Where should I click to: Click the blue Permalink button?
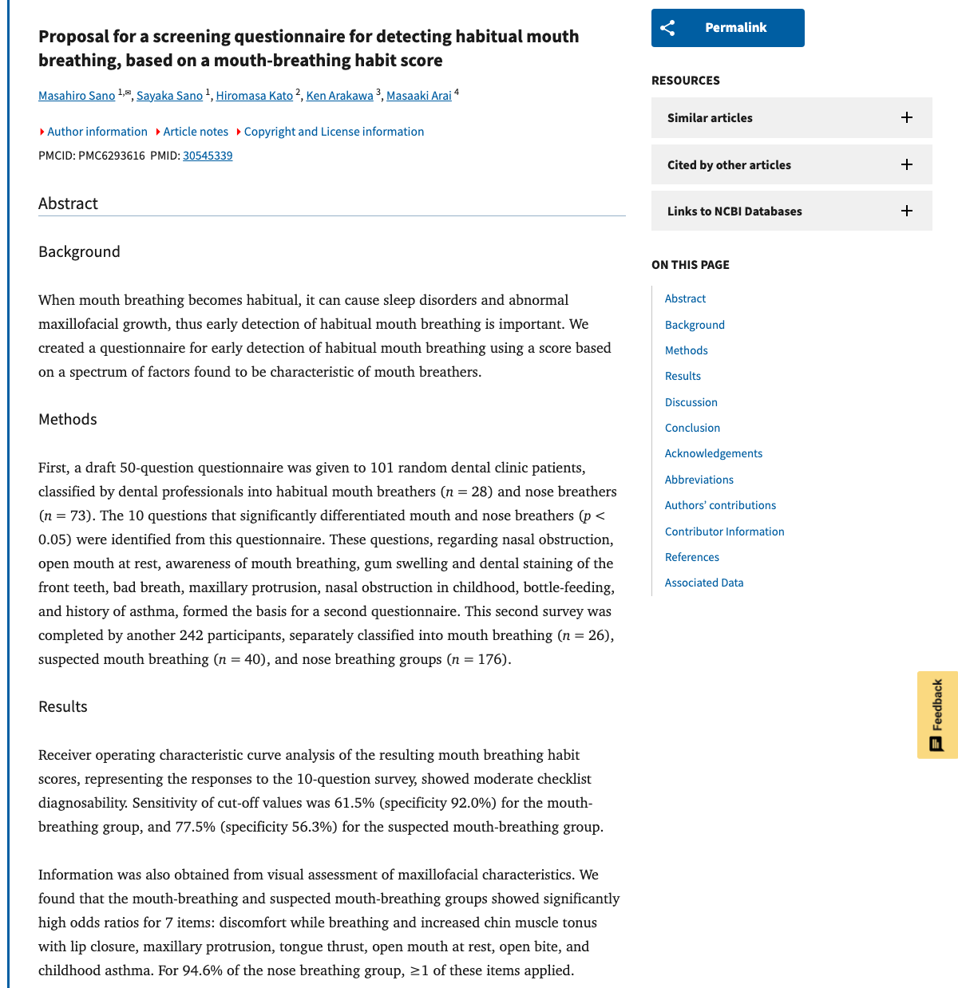[727, 28]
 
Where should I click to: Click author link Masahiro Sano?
[77, 96]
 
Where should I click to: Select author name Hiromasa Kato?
[255, 96]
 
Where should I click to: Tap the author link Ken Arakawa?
[339, 96]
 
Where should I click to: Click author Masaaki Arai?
[418, 96]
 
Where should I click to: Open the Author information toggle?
[97, 132]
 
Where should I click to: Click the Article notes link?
[196, 132]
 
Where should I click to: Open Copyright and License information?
[334, 132]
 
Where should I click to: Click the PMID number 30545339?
[208, 156]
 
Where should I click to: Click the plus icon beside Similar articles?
[907, 118]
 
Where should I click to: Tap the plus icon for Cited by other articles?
[907, 165]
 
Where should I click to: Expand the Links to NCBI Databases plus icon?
[907, 211]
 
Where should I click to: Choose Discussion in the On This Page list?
[691, 402]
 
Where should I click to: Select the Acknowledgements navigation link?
[714, 453]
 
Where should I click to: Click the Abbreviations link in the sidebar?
[699, 480]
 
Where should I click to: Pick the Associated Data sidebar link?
[704, 583]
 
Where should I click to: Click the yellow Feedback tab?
[937, 715]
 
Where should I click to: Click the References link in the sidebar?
[692, 557]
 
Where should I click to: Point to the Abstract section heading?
[69, 204]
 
